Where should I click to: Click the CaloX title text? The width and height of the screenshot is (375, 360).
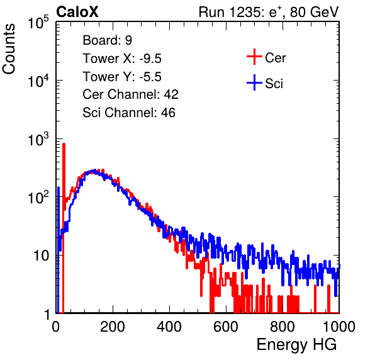pyautogui.click(x=77, y=12)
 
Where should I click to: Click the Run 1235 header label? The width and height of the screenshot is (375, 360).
pyautogui.click(x=269, y=12)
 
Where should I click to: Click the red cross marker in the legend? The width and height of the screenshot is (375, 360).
pyautogui.click(x=254, y=57)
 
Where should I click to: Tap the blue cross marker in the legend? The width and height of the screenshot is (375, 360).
pyautogui.click(x=254, y=83)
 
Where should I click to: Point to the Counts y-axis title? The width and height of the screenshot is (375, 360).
pyautogui.click(x=9, y=49)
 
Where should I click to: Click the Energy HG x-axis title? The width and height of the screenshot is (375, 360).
pyautogui.click(x=296, y=345)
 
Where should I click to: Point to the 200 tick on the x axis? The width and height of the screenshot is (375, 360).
pyautogui.click(x=113, y=327)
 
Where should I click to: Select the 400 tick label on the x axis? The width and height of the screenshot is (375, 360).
pyautogui.click(x=169, y=327)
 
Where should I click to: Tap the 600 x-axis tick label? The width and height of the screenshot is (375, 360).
pyautogui.click(x=226, y=327)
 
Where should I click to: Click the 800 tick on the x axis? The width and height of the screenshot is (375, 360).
pyautogui.click(x=283, y=327)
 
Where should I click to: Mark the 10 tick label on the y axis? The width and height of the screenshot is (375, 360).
pyautogui.click(x=42, y=256)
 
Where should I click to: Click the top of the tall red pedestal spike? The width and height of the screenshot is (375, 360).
pyautogui.click(x=64, y=144)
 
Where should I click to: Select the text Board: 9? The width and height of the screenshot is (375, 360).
pyautogui.click(x=107, y=40)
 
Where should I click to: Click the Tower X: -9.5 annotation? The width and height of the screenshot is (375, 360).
pyautogui.click(x=122, y=59)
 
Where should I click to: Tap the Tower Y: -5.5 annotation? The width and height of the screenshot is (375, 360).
pyautogui.click(x=122, y=77)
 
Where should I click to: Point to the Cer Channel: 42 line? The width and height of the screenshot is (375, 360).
pyautogui.click(x=131, y=94)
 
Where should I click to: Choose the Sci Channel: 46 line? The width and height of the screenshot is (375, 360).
pyautogui.click(x=129, y=113)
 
